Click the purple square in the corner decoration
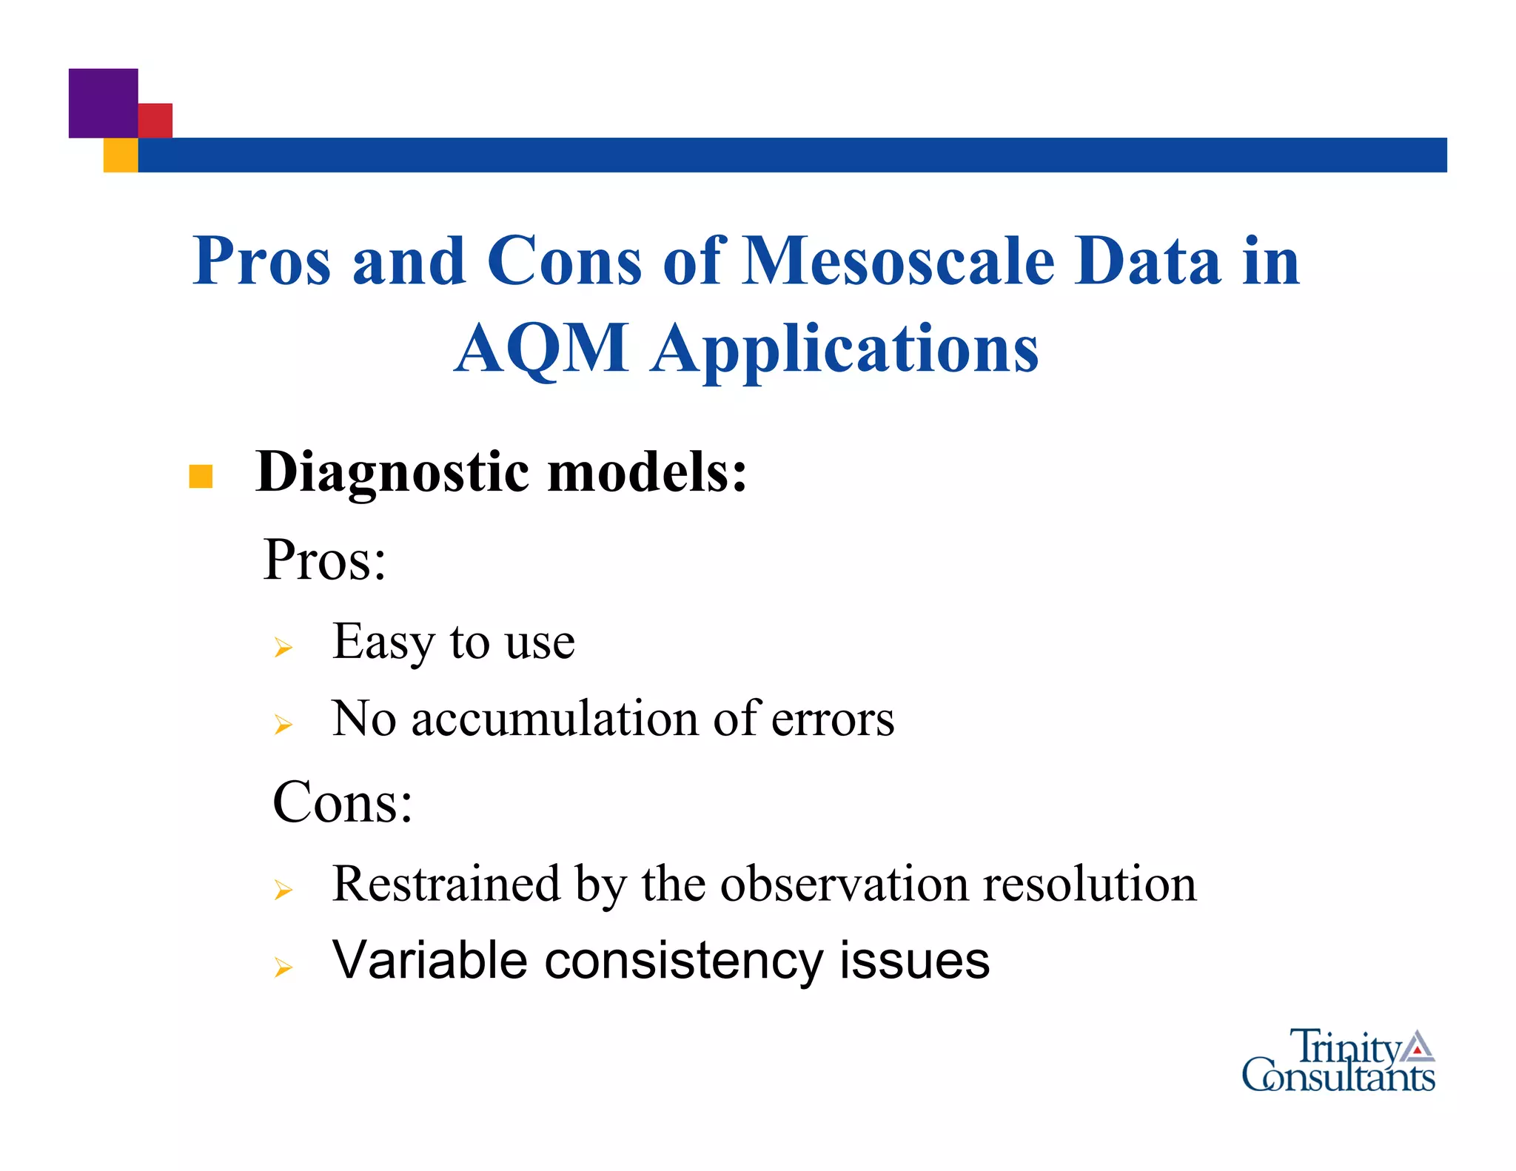pyautogui.click(x=103, y=103)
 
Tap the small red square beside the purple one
pyautogui.click(x=155, y=120)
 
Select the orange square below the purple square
pyautogui.click(x=121, y=155)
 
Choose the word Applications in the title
pyautogui.click(x=845, y=349)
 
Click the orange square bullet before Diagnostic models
pyautogui.click(x=201, y=476)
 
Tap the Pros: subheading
pyautogui.click(x=324, y=560)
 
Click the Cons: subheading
pyautogui.click(x=342, y=802)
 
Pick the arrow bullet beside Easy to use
pyautogui.click(x=283, y=648)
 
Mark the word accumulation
pyautogui.click(x=554, y=719)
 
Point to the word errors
pyautogui.click(x=833, y=719)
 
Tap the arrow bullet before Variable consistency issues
pyautogui.click(x=283, y=967)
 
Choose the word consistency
pyautogui.click(x=684, y=961)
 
